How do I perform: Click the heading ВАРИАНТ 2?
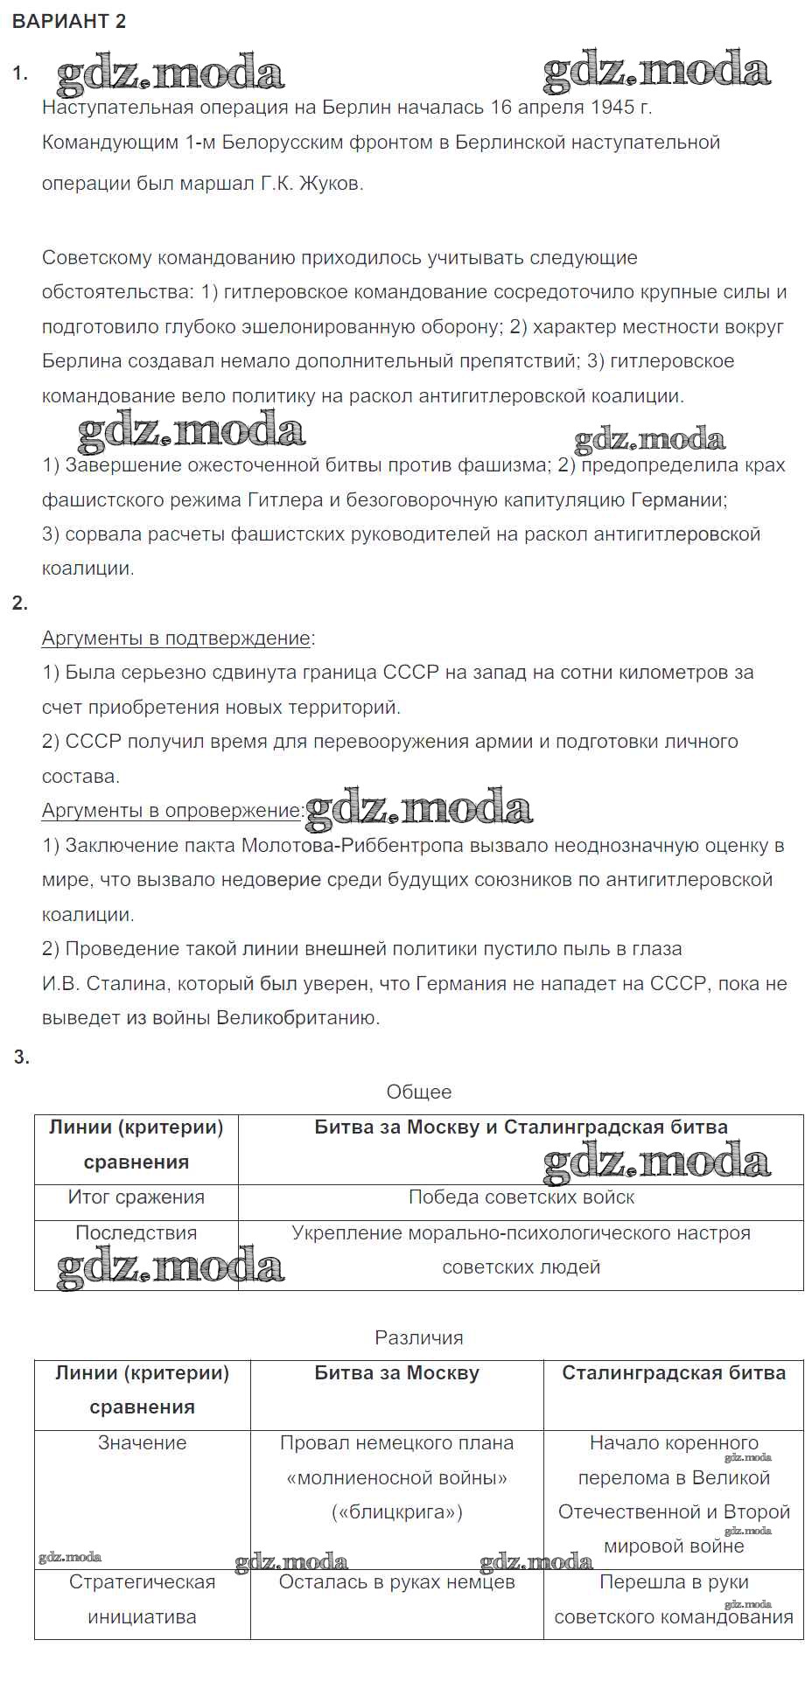point(69,22)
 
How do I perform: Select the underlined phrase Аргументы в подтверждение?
point(176,639)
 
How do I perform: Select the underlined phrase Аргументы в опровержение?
point(171,811)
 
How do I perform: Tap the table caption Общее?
point(419,1092)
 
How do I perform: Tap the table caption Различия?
point(419,1338)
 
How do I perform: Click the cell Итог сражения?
point(136,1197)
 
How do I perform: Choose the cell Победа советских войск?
point(521,1197)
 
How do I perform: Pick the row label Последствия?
point(136,1233)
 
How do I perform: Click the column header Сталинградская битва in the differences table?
point(674,1373)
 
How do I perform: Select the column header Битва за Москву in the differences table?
point(396,1373)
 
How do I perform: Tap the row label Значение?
point(142,1443)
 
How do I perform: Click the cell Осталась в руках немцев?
point(396,1582)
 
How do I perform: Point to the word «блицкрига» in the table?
point(396,1512)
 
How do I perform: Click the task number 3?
point(21,1057)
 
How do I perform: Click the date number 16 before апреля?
point(500,108)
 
